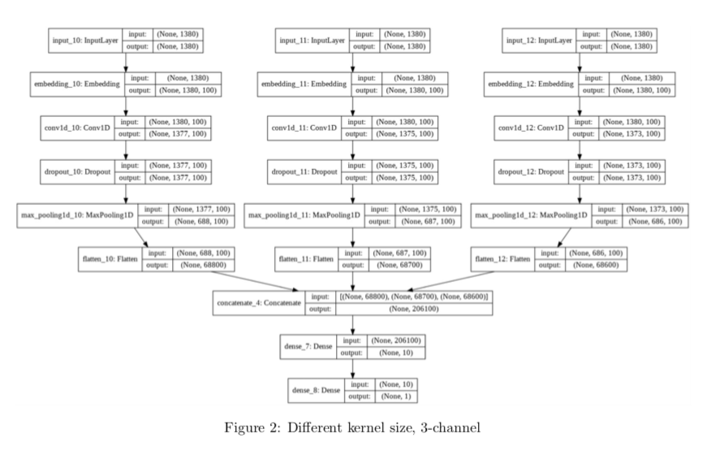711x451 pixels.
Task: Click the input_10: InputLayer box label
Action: click(x=86, y=40)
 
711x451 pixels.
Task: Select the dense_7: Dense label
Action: click(x=308, y=347)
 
